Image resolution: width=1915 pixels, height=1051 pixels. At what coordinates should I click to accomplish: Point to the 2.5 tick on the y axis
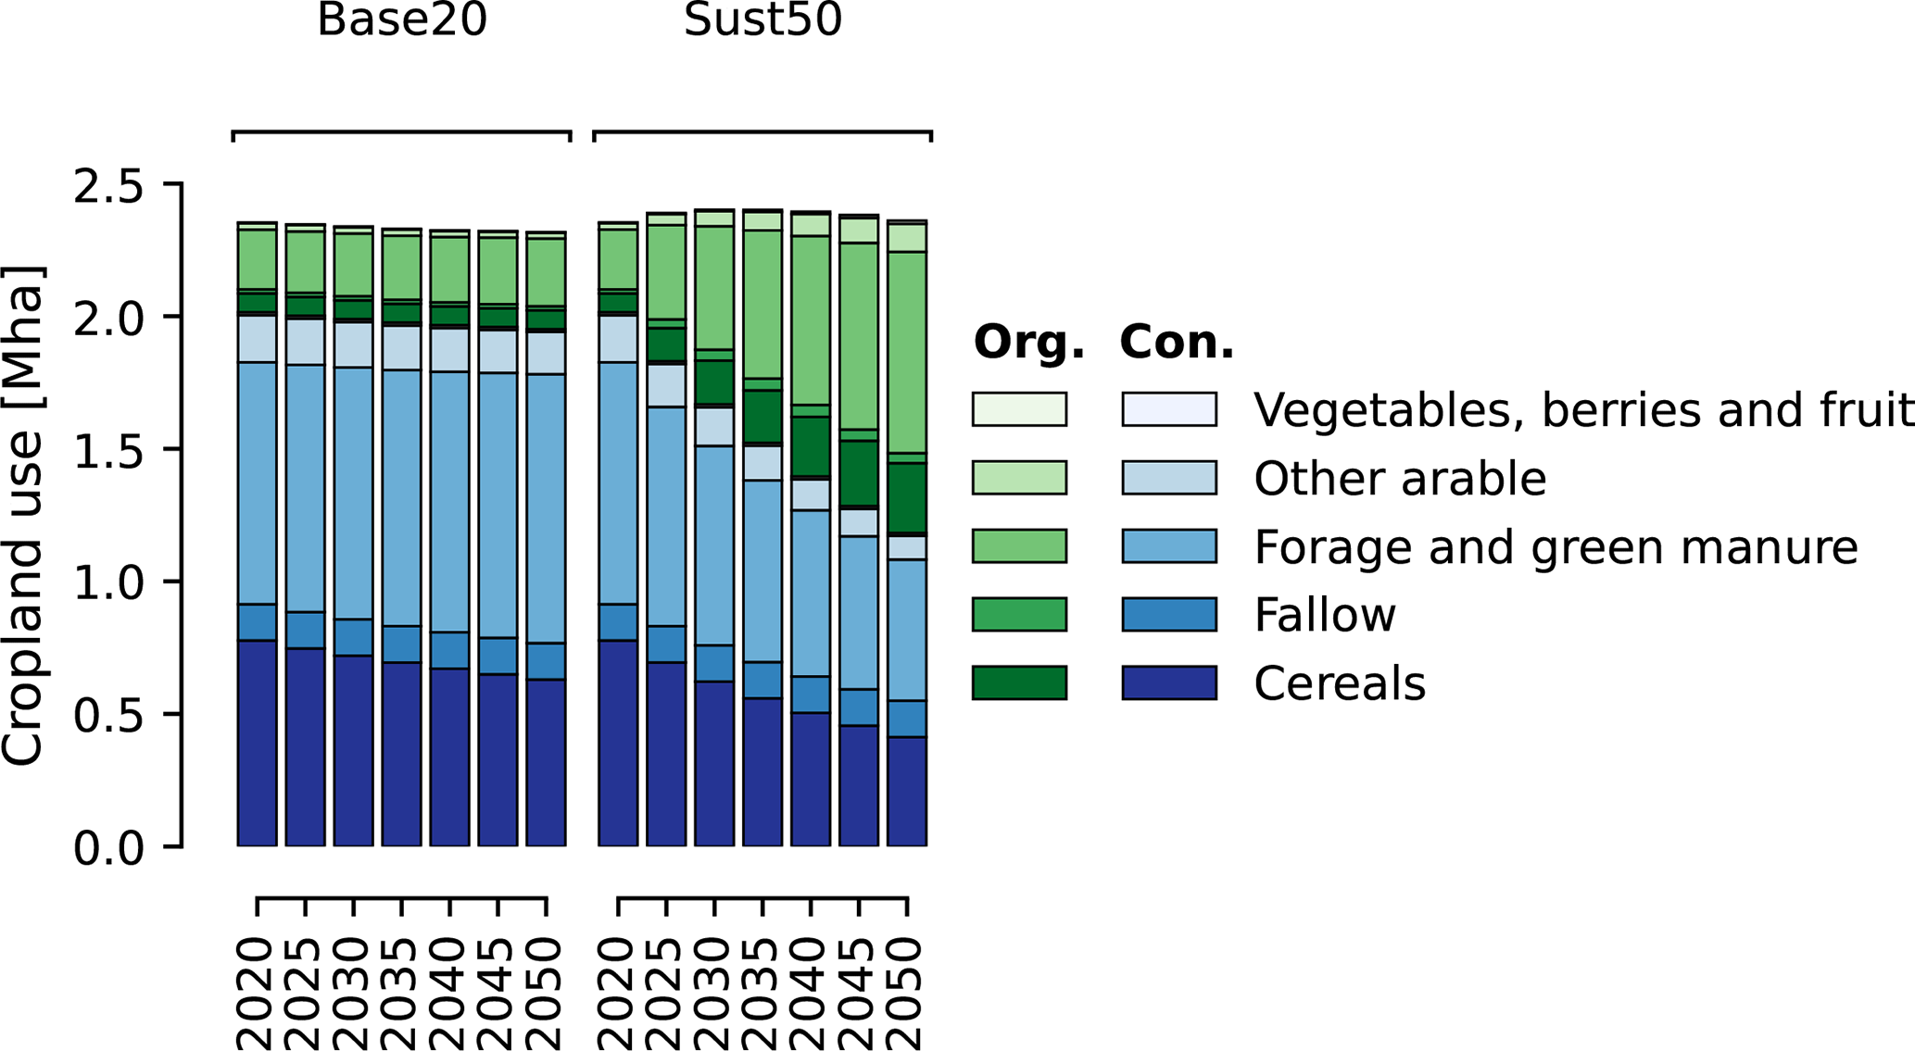[109, 186]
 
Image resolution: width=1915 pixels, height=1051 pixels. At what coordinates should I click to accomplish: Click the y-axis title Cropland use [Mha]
[22, 516]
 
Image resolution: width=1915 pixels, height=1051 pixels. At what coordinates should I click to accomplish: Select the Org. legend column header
[1028, 342]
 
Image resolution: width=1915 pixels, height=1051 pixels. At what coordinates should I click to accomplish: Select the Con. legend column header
[1177, 342]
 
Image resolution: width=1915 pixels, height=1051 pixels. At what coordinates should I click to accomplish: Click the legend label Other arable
[1399, 479]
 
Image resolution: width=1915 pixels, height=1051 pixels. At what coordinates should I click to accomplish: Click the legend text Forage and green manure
[1556, 547]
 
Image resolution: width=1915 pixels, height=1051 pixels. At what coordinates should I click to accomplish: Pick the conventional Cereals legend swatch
[1169, 682]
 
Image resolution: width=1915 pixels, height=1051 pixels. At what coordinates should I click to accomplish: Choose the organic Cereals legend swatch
[1019, 682]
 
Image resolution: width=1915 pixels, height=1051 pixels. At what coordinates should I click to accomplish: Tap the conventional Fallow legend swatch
[1169, 614]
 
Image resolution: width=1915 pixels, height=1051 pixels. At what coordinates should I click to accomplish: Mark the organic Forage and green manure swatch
[1019, 545]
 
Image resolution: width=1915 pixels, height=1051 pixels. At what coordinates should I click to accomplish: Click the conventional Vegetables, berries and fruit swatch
[1169, 409]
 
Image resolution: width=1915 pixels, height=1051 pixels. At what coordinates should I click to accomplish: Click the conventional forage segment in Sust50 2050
[907, 630]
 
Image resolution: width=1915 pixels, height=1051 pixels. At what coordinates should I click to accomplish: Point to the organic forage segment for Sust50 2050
[907, 352]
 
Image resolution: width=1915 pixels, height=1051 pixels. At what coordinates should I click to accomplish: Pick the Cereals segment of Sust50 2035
[762, 772]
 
